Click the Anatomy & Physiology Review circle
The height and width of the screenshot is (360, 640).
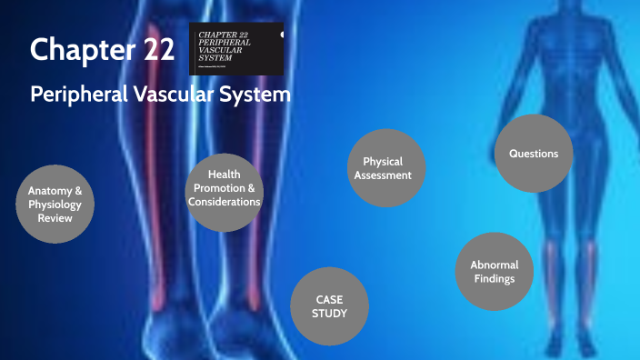tap(55, 205)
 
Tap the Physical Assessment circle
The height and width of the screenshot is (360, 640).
tap(387, 168)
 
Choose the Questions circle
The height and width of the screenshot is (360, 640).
tap(534, 154)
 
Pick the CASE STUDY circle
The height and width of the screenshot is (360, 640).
tap(331, 305)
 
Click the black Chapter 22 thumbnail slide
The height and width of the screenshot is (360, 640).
tap(236, 47)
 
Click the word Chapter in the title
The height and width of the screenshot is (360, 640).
tap(73, 50)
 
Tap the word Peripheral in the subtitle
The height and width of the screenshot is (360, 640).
tap(77, 94)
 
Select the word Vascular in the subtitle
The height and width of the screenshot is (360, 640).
tap(180, 94)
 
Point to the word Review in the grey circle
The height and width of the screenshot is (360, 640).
tap(55, 218)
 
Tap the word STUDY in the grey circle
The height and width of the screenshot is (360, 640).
tap(331, 314)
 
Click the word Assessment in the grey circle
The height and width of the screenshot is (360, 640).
tap(387, 175)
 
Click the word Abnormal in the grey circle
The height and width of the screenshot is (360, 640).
tap(494, 265)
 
